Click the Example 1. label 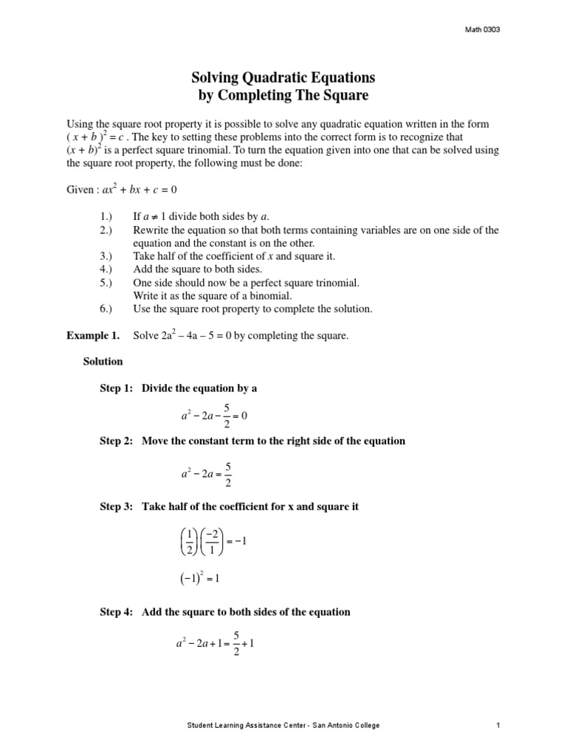[x=93, y=335]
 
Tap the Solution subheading [x=103, y=362]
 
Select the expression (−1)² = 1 [x=200, y=580]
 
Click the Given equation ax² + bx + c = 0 [x=122, y=190]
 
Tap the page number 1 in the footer [x=498, y=726]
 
